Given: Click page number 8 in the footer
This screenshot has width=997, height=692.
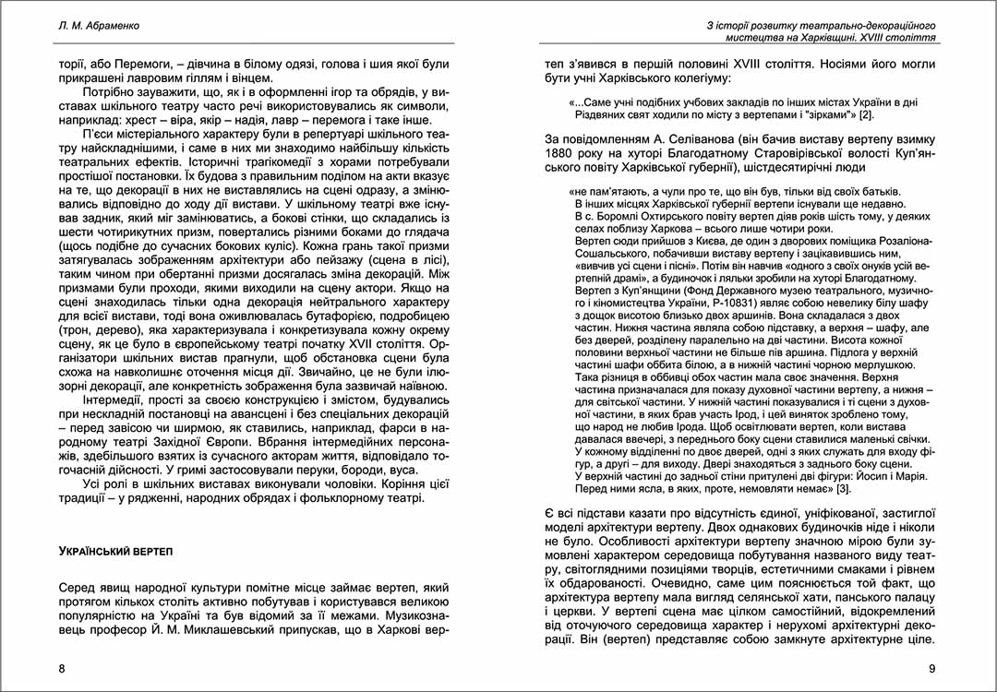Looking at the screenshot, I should pyautogui.click(x=62, y=668).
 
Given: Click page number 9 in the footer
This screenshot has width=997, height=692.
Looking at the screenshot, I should pyautogui.click(x=931, y=668).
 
